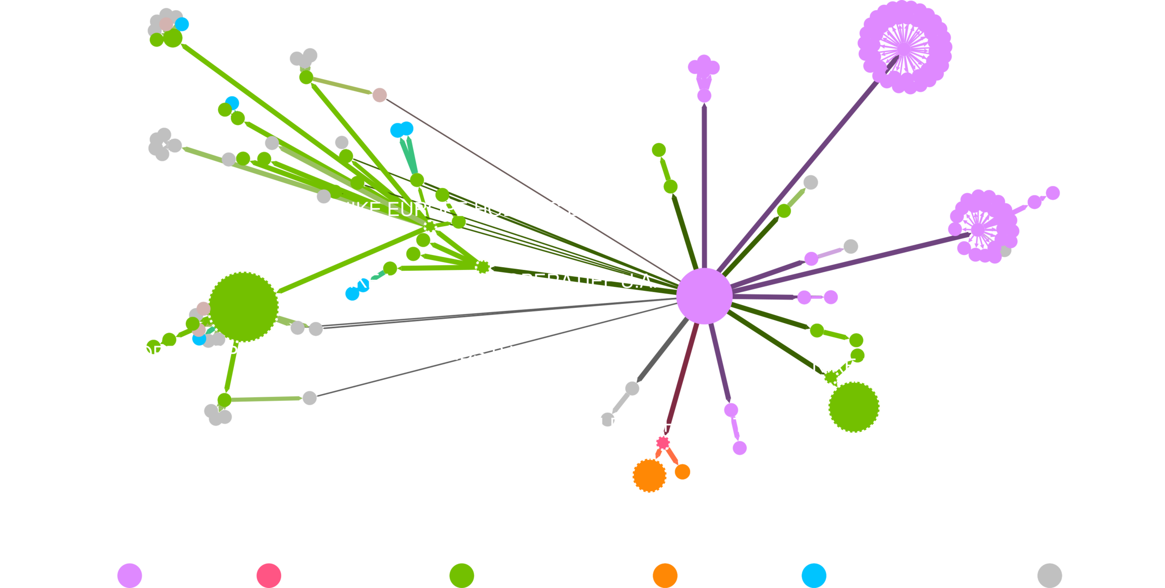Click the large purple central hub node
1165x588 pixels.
tap(704, 296)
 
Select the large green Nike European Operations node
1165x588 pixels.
tap(243, 306)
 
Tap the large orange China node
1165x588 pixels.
tap(649, 475)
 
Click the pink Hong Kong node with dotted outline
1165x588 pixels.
tap(663, 442)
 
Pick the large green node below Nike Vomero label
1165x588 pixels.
tap(854, 407)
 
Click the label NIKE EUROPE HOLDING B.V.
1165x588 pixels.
tap(469, 210)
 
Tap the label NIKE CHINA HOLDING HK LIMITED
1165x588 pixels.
tap(612, 425)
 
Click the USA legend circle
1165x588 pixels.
tap(130, 575)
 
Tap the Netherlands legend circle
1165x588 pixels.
tap(461, 575)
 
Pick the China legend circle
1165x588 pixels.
tap(665, 575)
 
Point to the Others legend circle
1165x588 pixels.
tap(1049, 575)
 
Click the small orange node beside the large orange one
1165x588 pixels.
tap(682, 471)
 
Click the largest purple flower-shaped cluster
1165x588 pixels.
tap(905, 47)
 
